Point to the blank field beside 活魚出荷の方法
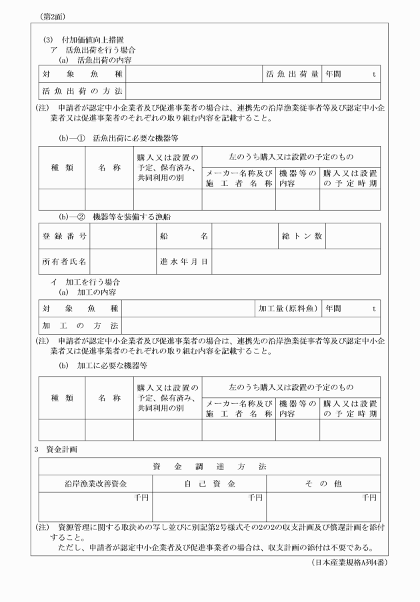coord(253,91)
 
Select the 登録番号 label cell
coord(64,236)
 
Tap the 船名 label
coord(184,236)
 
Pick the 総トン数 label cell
coord(301,236)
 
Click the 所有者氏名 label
coord(64,261)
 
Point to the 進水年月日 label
coord(184,261)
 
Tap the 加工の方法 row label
coord(80,325)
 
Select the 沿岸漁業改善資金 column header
coord(95,483)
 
